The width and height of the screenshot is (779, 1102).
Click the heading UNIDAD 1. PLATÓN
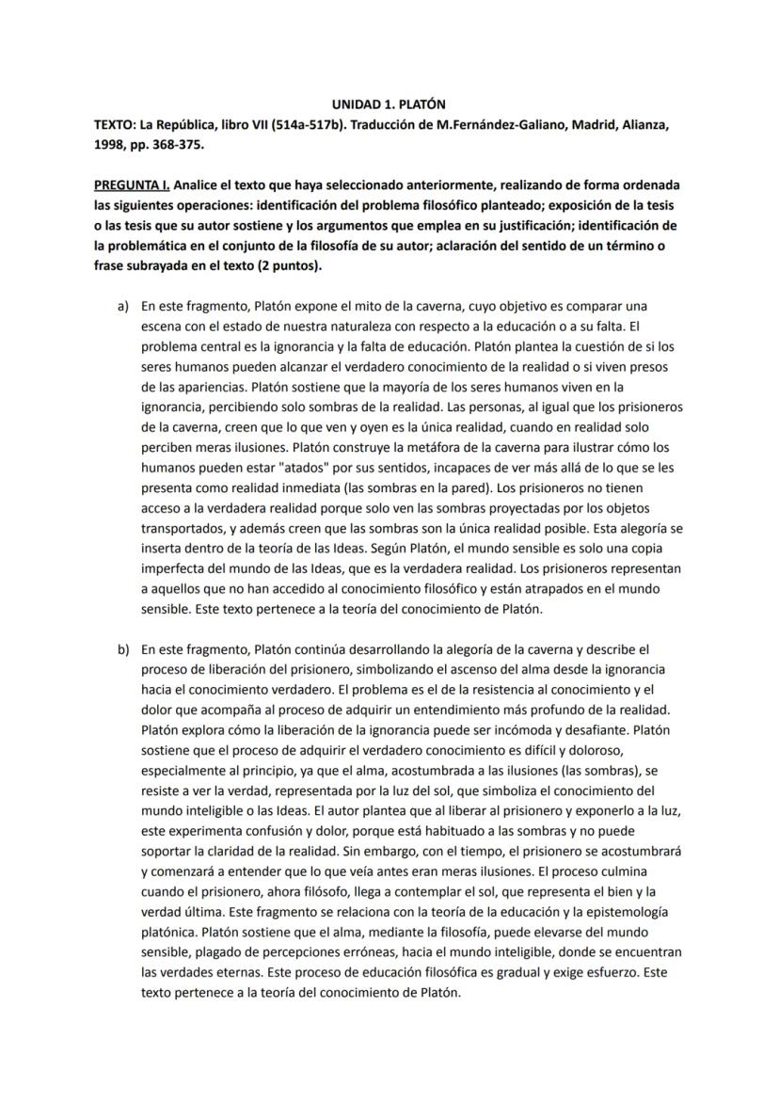[x=389, y=104]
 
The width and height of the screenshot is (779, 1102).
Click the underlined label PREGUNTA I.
[x=132, y=185]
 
